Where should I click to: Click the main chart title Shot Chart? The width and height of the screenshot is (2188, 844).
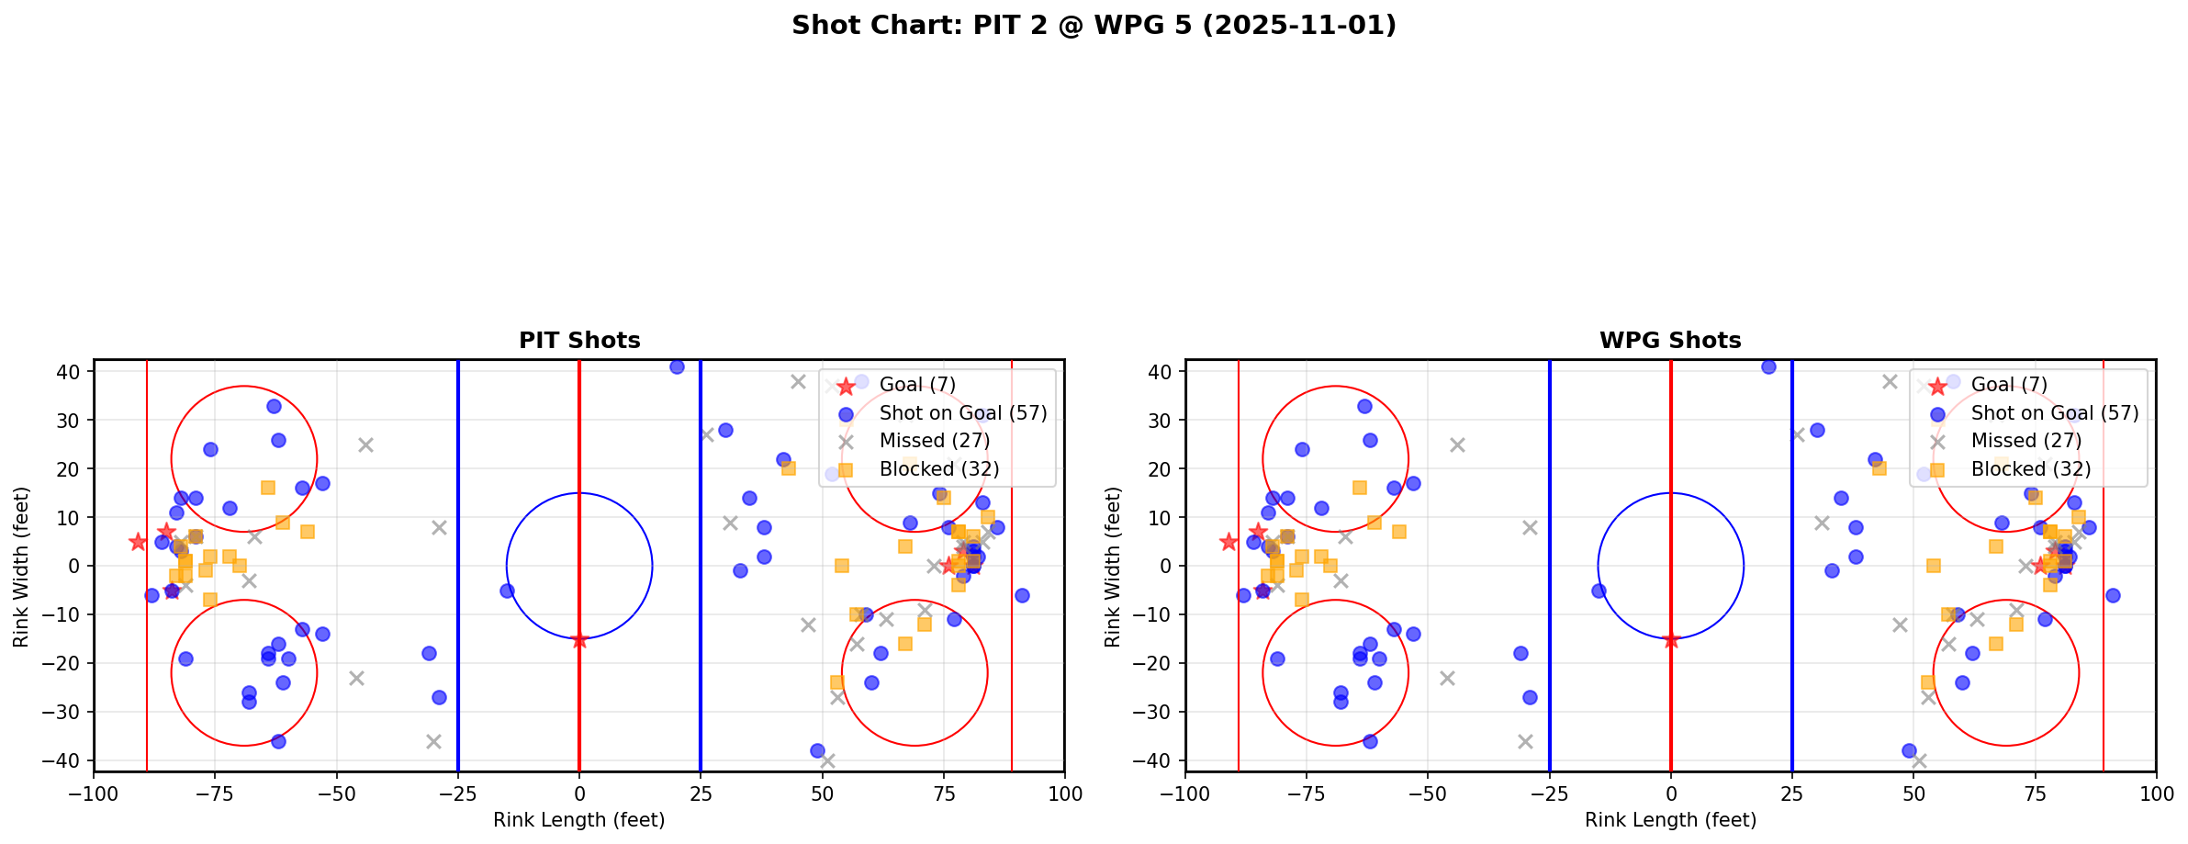click(1094, 25)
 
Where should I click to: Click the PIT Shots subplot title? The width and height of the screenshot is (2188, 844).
click(579, 341)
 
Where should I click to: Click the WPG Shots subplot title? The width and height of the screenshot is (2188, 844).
click(1670, 341)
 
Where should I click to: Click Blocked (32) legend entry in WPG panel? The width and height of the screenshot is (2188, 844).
click(2030, 469)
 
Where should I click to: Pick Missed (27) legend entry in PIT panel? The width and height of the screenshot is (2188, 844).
click(934, 441)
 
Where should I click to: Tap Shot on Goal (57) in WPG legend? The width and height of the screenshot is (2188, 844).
click(2055, 413)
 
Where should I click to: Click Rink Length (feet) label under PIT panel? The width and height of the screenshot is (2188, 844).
click(579, 820)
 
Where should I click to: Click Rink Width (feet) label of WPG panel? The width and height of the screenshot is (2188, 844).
click(1113, 567)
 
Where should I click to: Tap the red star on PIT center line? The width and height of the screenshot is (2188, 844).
click(579, 639)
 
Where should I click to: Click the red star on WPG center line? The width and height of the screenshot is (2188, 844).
click(1671, 639)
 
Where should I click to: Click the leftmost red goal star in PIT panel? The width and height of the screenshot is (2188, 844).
click(138, 542)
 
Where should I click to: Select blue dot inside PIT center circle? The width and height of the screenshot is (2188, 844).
click(507, 591)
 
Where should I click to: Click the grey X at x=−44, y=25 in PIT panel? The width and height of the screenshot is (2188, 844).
click(365, 445)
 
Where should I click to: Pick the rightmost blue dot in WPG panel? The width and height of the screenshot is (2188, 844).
click(2113, 595)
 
